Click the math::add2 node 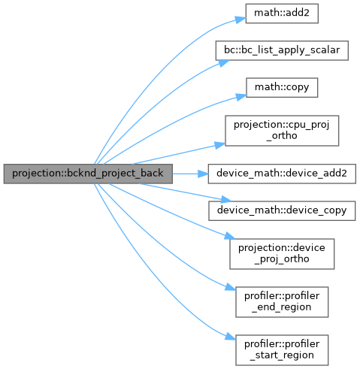click(282, 14)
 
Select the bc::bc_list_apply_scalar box click(282, 50)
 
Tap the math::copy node click(282, 87)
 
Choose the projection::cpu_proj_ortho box click(282, 131)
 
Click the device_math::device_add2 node click(282, 174)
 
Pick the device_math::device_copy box click(282, 210)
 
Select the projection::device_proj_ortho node click(282, 254)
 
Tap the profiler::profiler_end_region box click(282, 302)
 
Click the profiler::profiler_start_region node click(282, 350)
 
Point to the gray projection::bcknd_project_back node click(88, 174)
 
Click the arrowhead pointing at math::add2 click(241, 20)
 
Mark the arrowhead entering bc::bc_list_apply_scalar click(224, 63)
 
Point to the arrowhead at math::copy click(241, 97)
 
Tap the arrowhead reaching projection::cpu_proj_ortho click(220, 145)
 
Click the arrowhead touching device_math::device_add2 click(203, 174)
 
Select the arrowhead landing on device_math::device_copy click(226, 200)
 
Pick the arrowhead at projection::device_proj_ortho click(230, 236)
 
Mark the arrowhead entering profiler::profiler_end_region click(230, 287)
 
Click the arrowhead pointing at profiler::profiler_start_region click(230, 337)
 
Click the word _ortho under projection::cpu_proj click(282, 136)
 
